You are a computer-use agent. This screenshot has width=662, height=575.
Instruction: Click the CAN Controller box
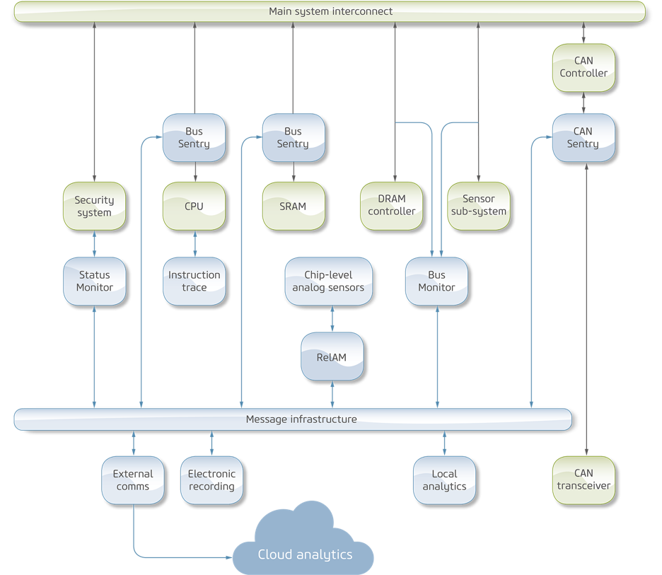pos(583,67)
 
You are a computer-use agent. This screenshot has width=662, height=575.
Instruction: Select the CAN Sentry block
pos(583,137)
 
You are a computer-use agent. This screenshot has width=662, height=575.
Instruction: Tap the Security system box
pos(94,206)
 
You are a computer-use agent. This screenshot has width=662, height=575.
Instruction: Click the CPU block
pos(194,206)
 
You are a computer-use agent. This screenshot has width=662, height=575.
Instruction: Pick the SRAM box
pos(293,206)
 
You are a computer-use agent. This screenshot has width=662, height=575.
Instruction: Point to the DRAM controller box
pos(392,206)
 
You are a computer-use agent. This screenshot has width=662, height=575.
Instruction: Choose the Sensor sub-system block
pos(479,206)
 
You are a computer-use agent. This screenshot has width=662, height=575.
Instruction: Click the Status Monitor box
pos(95,281)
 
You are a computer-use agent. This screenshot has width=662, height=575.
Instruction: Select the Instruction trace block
pos(194,281)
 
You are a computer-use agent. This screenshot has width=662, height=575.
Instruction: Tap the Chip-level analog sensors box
pos(328,281)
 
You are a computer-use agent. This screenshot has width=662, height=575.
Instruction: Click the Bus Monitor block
pos(436,281)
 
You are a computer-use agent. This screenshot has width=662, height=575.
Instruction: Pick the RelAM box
pos(332,356)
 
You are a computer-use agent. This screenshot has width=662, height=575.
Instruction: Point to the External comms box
pos(133,480)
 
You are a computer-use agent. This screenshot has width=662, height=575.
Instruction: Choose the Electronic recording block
pos(211,480)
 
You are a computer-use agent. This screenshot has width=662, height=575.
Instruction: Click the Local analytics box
pos(444,480)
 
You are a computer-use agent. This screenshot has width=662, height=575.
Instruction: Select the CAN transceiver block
pos(583,480)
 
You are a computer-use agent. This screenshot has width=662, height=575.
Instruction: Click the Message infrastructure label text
pos(301,419)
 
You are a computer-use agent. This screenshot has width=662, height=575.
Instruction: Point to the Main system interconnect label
pos(330,11)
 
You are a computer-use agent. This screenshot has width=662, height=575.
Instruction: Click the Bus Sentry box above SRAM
pos(293,137)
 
